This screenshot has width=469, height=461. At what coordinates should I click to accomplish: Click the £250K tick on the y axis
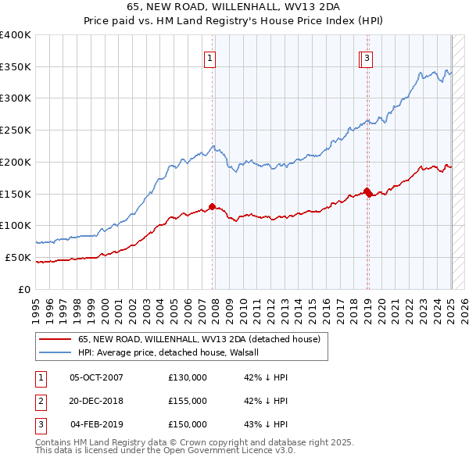point(16,130)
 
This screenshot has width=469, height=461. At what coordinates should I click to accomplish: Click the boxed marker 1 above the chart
point(211,57)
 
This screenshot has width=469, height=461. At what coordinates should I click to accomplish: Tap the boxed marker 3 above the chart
point(367,57)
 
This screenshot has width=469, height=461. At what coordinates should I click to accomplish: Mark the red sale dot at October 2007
point(212,206)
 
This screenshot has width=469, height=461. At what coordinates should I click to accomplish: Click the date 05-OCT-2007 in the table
point(96,377)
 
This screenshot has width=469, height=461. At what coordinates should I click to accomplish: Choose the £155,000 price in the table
point(188,401)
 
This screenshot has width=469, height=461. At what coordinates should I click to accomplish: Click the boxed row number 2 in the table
point(40,401)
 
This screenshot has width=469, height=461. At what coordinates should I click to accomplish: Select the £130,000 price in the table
point(188,377)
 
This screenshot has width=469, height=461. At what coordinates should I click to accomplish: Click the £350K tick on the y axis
point(16,67)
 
